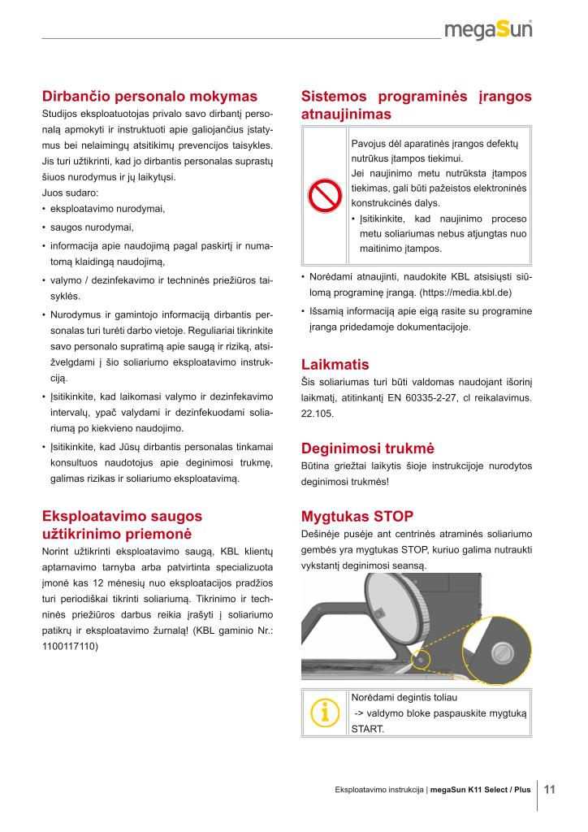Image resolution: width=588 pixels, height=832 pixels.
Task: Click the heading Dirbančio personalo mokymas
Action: coord(149,96)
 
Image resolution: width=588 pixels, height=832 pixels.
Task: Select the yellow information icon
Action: coord(324,713)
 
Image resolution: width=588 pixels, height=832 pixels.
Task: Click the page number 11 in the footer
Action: coord(549,789)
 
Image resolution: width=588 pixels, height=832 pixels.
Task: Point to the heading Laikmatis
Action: coord(335,364)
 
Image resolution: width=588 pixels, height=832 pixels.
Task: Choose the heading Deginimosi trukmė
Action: coord(368,448)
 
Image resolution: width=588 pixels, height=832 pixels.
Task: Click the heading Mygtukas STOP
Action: coord(357,516)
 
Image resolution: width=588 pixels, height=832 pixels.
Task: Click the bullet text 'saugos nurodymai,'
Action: coord(92,227)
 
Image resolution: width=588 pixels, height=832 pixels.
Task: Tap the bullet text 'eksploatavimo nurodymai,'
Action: coord(107,209)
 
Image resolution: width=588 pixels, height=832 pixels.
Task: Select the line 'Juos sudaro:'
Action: coord(70,193)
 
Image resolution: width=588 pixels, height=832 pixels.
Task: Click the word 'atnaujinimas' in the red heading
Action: coord(346,115)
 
